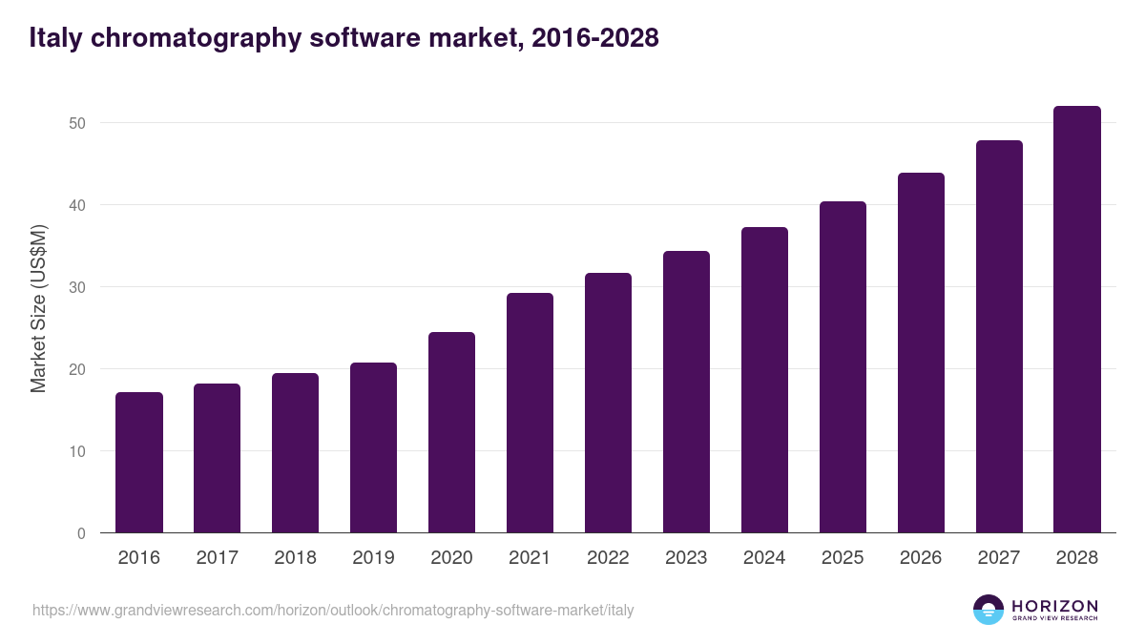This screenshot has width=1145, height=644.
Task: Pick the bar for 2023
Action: pyautogui.click(x=686, y=392)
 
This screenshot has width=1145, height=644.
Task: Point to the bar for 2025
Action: pyautogui.click(x=843, y=367)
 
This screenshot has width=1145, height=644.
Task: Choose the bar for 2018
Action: pyautogui.click(x=295, y=453)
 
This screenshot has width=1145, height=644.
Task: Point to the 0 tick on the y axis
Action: pyautogui.click(x=81, y=533)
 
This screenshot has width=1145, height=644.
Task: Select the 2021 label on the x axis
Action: pyautogui.click(x=530, y=558)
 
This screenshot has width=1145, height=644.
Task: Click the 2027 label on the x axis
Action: pyautogui.click(x=999, y=558)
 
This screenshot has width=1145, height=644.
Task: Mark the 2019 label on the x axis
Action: pyautogui.click(x=373, y=558)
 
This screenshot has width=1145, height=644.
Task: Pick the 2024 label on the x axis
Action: pyautogui.click(x=764, y=558)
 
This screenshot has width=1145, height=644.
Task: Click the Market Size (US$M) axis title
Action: pyautogui.click(x=38, y=307)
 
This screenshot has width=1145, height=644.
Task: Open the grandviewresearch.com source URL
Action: pyautogui.click(x=333, y=610)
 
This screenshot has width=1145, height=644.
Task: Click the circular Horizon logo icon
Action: pyautogui.click(x=989, y=610)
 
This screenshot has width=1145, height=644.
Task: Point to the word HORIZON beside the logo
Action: pyautogui.click(x=1054, y=606)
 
